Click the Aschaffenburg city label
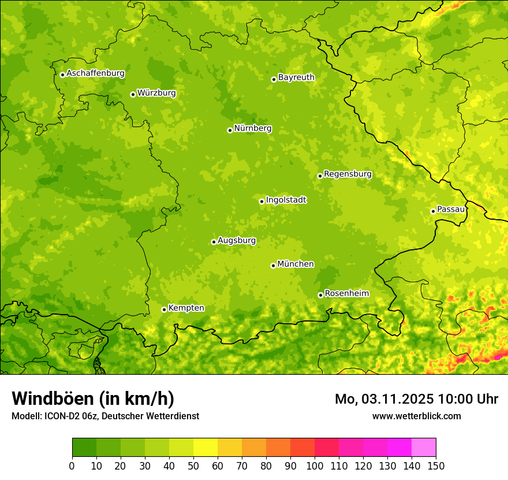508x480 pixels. [95, 73]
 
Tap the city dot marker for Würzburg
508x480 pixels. [133, 94]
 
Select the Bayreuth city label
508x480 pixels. [296, 77]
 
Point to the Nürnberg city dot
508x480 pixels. [230, 130]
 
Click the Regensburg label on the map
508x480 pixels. [348, 174]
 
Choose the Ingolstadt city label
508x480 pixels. [286, 200]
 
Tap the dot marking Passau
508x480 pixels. [433, 211]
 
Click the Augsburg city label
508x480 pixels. [237, 241]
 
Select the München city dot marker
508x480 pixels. [273, 265]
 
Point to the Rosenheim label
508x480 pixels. [346, 294]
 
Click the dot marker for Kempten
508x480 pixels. [164, 309]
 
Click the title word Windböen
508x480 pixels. [53, 399]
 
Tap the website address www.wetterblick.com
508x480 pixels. [416, 416]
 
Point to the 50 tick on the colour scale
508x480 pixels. [193, 466]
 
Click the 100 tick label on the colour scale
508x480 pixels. [315, 466]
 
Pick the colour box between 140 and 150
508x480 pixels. [424, 448]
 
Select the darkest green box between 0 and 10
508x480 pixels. [84, 448]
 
